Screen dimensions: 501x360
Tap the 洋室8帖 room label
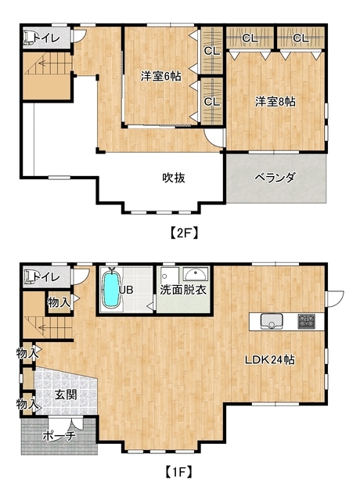click(x=275, y=101)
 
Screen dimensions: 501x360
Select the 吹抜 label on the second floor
click(x=174, y=178)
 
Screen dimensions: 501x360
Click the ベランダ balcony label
click(x=275, y=178)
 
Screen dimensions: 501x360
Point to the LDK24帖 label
click(x=269, y=360)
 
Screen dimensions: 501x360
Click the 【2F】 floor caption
click(x=182, y=232)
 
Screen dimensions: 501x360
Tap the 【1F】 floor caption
click(x=181, y=472)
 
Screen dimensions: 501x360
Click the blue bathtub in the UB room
click(x=111, y=289)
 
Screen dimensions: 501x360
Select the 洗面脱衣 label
click(x=183, y=290)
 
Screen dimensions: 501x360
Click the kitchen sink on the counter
click(x=272, y=321)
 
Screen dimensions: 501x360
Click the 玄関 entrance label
click(x=65, y=395)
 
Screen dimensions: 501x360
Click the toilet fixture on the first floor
click(x=30, y=276)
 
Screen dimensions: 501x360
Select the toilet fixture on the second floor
click(x=30, y=37)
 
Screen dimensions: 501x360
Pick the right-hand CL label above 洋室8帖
click(x=301, y=38)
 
